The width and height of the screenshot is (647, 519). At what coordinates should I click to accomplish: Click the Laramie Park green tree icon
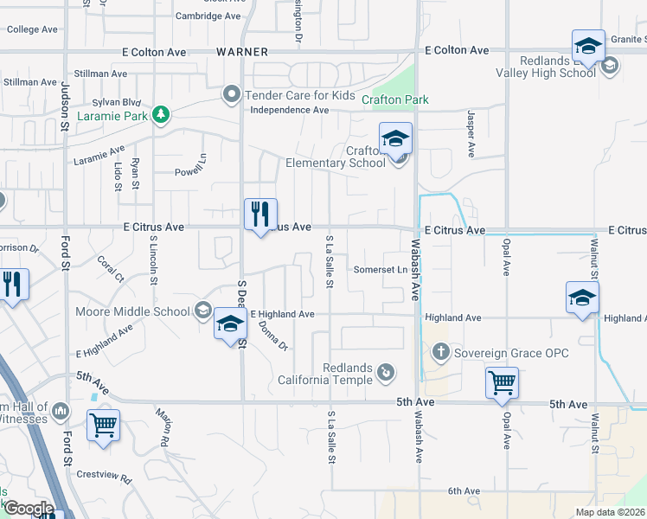coord(160,114)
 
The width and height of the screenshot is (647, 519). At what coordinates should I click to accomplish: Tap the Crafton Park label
coord(400,99)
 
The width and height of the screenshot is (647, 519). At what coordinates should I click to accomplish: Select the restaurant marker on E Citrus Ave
coord(260,215)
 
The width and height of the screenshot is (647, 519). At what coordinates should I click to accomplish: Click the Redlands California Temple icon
coord(387,373)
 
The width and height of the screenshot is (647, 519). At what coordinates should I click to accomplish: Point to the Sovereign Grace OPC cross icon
coord(440,351)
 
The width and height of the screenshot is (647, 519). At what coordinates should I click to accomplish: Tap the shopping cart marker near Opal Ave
coord(503,382)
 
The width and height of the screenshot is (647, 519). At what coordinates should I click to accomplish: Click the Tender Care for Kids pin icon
coord(231,94)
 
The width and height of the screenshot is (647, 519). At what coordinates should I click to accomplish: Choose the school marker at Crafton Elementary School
coord(395,139)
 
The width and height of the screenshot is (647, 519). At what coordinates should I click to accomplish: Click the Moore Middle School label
coord(132,311)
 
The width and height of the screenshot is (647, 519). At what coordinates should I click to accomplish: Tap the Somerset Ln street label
coord(380,270)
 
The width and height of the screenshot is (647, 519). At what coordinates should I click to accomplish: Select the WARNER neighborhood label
coord(242,52)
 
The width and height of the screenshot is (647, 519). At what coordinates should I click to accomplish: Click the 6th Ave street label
coord(464,491)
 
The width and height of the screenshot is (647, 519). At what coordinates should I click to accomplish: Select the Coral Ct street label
coord(111,269)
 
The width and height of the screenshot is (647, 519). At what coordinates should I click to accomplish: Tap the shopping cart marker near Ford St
coord(103,425)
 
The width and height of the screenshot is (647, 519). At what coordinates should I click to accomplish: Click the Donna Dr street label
coord(272,336)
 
